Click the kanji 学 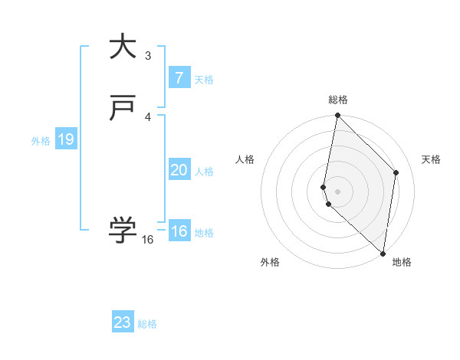(x=123, y=230)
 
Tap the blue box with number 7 (x=179, y=78)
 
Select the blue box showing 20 (x=179, y=170)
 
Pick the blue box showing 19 (x=65, y=139)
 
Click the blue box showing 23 (x=123, y=322)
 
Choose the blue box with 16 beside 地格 (x=179, y=231)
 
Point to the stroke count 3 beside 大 (x=148, y=55)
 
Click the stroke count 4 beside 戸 (x=148, y=116)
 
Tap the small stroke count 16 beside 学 (x=148, y=240)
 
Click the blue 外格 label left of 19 (x=41, y=141)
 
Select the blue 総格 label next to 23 (x=147, y=324)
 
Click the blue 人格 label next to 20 (x=205, y=172)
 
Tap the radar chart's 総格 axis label (x=338, y=100)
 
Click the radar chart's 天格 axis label (x=431, y=159)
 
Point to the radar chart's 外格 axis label (x=270, y=262)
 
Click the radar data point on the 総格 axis (x=337, y=116)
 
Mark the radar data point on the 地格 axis (x=383, y=253)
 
